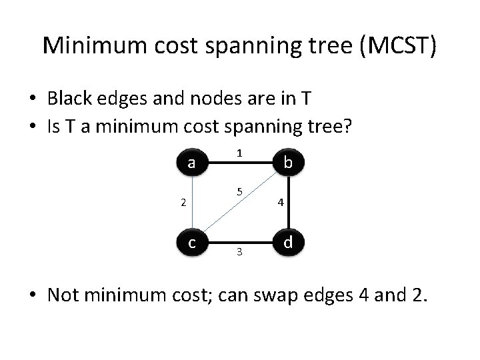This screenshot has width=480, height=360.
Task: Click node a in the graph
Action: tap(192, 163)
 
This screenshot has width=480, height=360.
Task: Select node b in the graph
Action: tap(287, 162)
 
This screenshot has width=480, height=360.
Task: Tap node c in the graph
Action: tap(192, 242)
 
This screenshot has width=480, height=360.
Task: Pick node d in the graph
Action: tap(287, 242)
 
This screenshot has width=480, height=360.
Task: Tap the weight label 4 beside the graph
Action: tap(281, 203)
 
